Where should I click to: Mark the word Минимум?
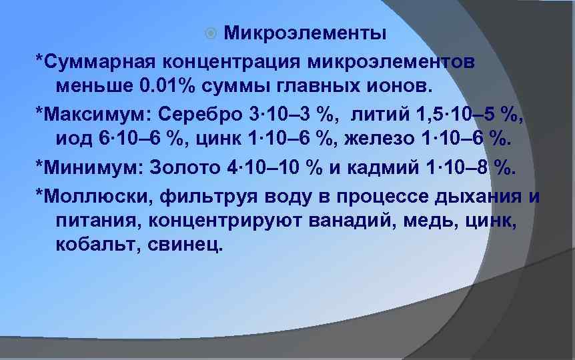tap(91, 167)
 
